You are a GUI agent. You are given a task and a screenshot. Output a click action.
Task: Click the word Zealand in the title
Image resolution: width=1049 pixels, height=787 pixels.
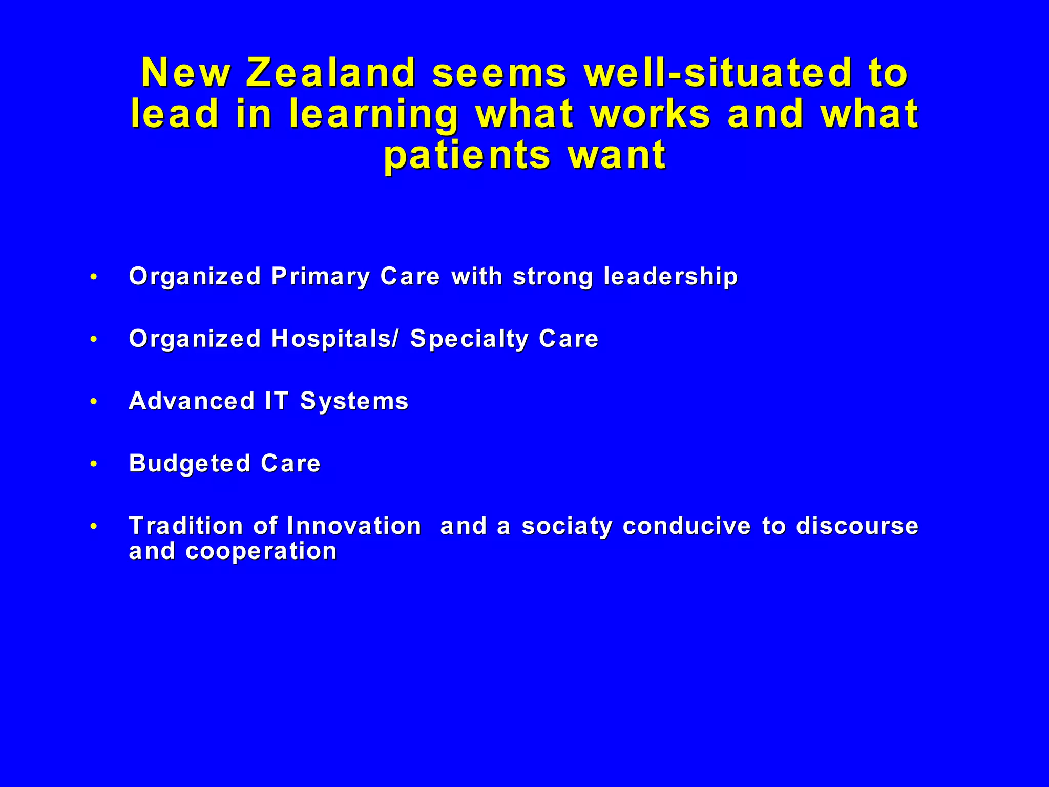pyautogui.click(x=330, y=73)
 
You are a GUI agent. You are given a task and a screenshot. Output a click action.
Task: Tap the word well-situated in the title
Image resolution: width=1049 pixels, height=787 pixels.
pyautogui.click(x=718, y=73)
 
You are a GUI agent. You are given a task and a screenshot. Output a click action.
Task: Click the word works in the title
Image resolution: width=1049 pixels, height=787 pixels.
pyautogui.click(x=651, y=114)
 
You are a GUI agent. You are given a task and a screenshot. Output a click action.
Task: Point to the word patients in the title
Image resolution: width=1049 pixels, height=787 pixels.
pyautogui.click(x=467, y=156)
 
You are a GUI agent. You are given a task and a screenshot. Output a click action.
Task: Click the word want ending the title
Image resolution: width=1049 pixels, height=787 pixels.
pyautogui.click(x=616, y=156)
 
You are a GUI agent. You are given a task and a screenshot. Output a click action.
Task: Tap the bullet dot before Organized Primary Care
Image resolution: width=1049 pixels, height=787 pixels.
pyautogui.click(x=93, y=277)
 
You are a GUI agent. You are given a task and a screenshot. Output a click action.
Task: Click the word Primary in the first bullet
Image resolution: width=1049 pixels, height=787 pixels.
pyautogui.click(x=320, y=277)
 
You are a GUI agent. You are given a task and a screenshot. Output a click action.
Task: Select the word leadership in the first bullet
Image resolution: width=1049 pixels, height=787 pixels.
pyautogui.click(x=670, y=277)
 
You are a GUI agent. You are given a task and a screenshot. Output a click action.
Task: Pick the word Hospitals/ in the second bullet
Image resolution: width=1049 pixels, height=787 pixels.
pyautogui.click(x=334, y=339)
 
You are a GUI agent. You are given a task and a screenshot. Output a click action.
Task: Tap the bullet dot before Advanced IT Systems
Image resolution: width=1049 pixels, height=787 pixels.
pyautogui.click(x=93, y=402)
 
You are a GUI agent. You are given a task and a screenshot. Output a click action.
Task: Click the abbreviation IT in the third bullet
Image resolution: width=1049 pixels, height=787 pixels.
pyautogui.click(x=277, y=401)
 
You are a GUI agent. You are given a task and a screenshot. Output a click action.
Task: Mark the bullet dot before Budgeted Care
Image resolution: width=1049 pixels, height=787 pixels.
pyautogui.click(x=93, y=464)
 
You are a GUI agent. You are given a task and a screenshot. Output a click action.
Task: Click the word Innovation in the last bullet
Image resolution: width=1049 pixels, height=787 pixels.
pyautogui.click(x=354, y=526)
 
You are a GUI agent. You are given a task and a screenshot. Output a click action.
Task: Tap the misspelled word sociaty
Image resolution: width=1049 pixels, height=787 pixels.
pyautogui.click(x=567, y=527)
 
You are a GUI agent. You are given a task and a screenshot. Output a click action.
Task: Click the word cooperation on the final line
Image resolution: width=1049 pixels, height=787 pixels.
pyautogui.click(x=261, y=551)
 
